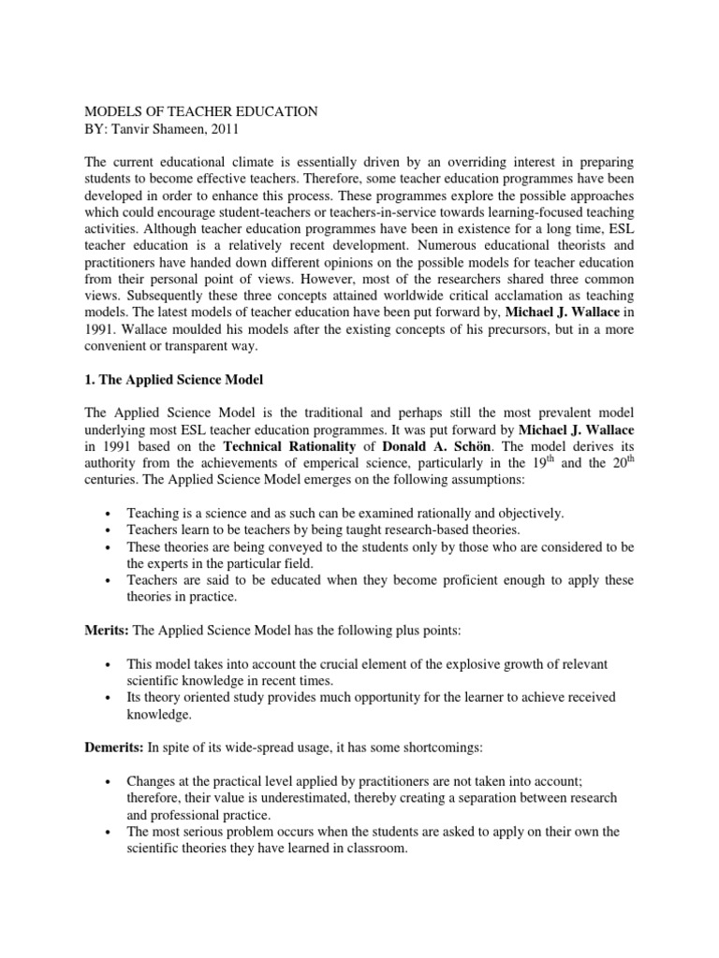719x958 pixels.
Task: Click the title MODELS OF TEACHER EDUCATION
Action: pos(201,111)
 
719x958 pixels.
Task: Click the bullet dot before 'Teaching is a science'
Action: pos(110,514)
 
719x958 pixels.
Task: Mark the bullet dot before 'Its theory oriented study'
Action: pos(110,698)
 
